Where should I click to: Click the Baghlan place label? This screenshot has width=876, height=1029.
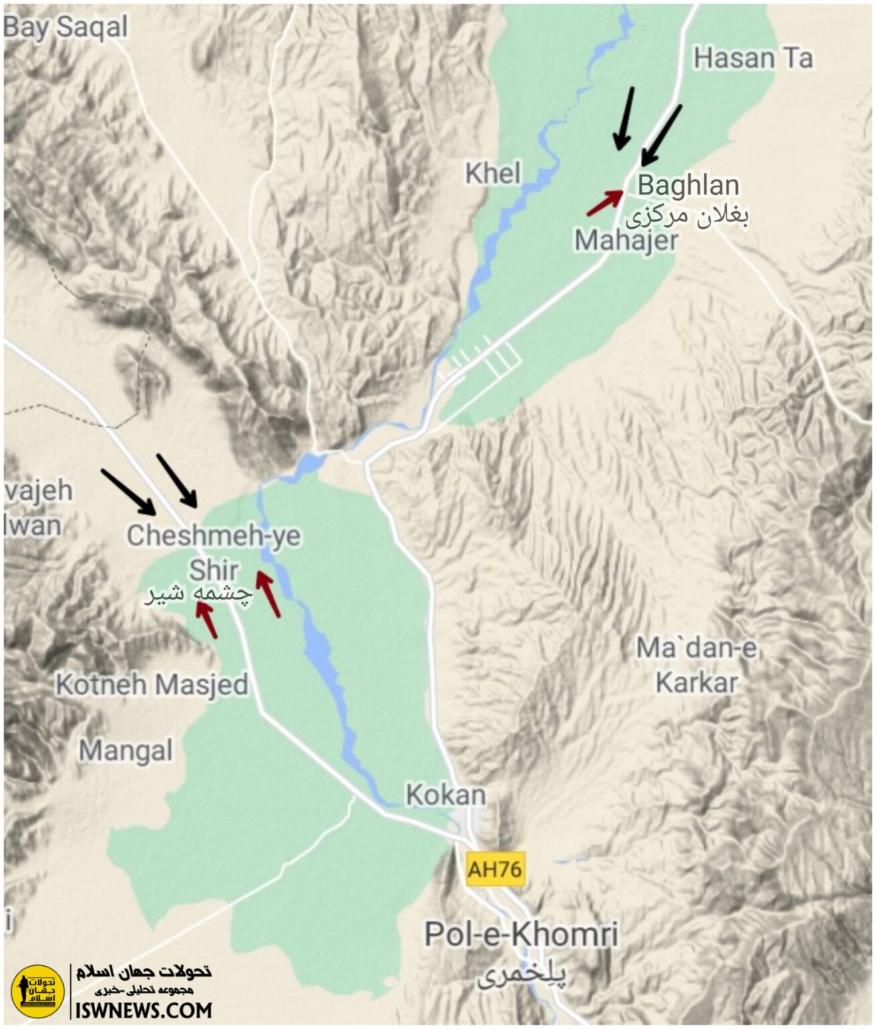688,185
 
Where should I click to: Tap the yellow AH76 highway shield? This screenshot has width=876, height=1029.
495,869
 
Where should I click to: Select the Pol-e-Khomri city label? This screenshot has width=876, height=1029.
521,934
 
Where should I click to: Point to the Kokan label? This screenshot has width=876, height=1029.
446,795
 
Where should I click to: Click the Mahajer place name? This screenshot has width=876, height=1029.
626,241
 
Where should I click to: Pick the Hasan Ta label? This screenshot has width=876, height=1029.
753,58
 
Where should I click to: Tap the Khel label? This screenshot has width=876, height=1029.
493,174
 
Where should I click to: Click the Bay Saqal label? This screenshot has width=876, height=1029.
65,27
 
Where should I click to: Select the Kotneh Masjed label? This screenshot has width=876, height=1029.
152,685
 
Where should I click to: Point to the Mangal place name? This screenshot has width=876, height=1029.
126,750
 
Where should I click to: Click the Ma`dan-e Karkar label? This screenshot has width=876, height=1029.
696,665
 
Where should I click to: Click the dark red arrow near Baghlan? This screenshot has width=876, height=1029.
605,202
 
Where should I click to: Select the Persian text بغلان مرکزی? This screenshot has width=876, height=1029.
687,216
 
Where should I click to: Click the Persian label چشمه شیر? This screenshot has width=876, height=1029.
199,594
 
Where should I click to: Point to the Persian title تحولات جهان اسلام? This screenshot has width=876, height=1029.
143,971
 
